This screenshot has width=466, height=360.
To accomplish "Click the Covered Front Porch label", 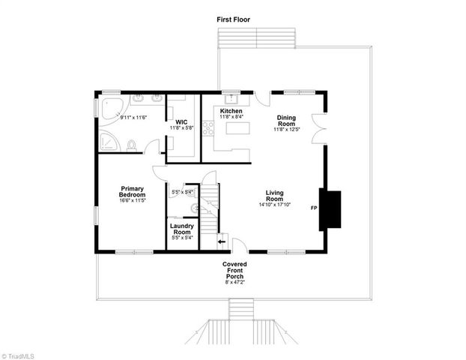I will pos(234,271).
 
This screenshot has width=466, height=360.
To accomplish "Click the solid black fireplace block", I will pos(330,210).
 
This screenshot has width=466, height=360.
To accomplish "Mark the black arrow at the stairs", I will pos(222,241).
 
